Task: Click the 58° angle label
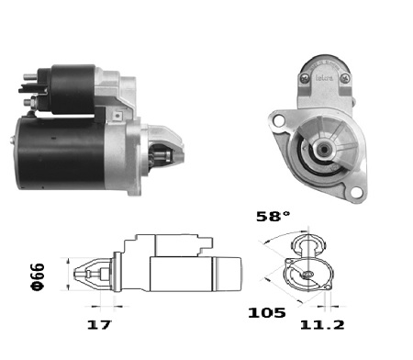pos(273,217)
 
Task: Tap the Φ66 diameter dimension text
pos(38,276)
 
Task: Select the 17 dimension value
pos(99,324)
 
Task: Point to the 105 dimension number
pos(267,312)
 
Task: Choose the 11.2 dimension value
pos(322,324)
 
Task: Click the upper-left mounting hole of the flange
pos(279,120)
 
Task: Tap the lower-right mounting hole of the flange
pos(355,193)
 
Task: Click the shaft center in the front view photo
pos(323,149)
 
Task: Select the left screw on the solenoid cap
pos(305,78)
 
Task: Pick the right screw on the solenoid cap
pos(345,78)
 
